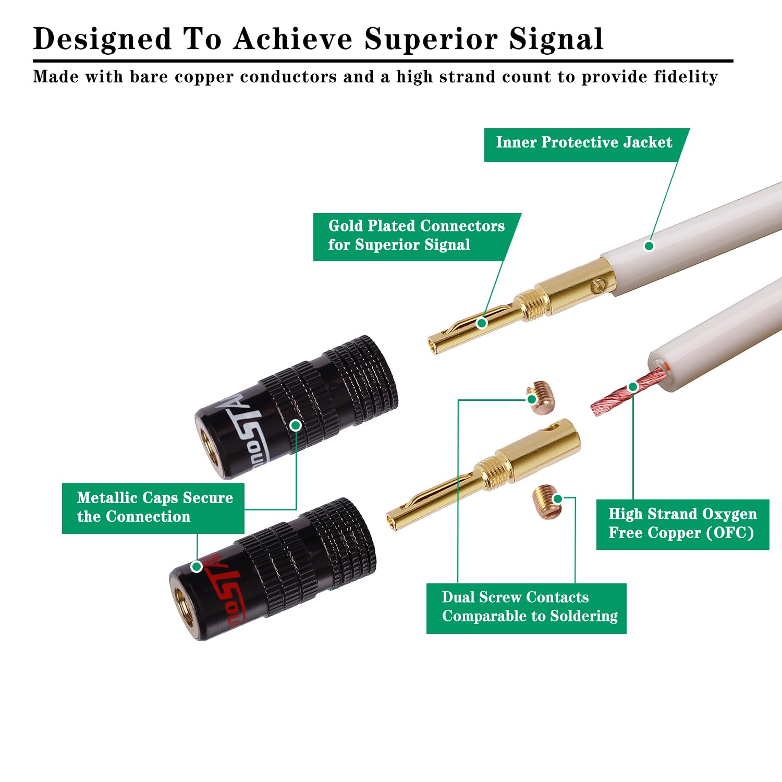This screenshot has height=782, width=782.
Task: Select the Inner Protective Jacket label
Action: (x=584, y=142)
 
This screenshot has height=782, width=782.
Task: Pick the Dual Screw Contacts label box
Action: (x=527, y=607)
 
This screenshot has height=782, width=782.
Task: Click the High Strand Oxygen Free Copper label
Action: (x=682, y=523)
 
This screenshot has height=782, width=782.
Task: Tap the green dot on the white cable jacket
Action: (x=649, y=246)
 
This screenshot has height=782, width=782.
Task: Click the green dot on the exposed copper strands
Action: (x=633, y=387)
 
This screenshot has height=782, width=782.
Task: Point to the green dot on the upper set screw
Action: (x=532, y=399)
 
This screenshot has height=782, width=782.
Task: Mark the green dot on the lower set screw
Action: (x=557, y=499)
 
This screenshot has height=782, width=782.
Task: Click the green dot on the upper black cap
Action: (x=296, y=425)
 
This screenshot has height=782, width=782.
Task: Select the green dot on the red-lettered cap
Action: (x=197, y=566)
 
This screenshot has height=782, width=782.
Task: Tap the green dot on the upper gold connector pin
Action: (x=482, y=323)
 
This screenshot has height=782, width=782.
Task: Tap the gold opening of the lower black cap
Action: (x=184, y=610)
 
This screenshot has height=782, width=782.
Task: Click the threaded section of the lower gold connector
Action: (x=492, y=470)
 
